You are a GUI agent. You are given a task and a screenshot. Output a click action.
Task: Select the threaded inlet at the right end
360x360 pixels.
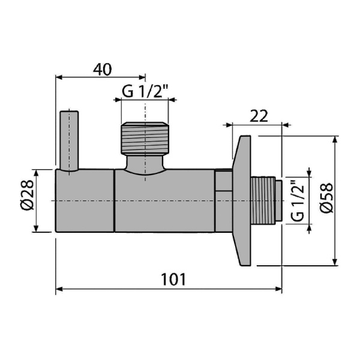tap(266, 200)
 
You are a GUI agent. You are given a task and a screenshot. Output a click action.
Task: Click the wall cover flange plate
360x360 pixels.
tap(242, 200)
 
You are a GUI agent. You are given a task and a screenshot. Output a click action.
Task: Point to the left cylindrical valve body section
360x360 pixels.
tap(85, 200)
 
